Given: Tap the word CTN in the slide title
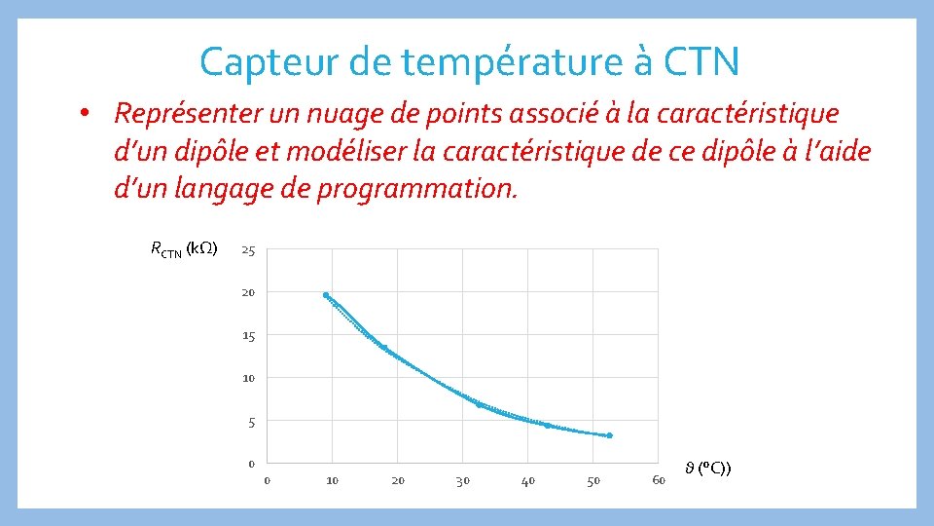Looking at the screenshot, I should [x=701, y=62].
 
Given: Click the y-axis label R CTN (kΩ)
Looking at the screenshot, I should [x=184, y=248].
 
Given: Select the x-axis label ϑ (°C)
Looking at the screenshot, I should [x=708, y=470].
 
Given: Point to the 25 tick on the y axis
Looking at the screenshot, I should [x=248, y=251].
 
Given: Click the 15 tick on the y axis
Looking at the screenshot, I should [x=248, y=336].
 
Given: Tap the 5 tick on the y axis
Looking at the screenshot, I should [x=251, y=422].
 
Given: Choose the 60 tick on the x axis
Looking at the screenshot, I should [x=659, y=481].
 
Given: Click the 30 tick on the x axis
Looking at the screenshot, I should [x=463, y=481].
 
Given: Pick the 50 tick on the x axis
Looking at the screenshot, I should [x=593, y=481].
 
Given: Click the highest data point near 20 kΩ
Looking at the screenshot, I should [x=326, y=295].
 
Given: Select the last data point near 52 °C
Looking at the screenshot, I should [x=610, y=435].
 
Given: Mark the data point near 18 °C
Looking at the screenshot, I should [x=384, y=348].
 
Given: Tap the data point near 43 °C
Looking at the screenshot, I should [x=547, y=426].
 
